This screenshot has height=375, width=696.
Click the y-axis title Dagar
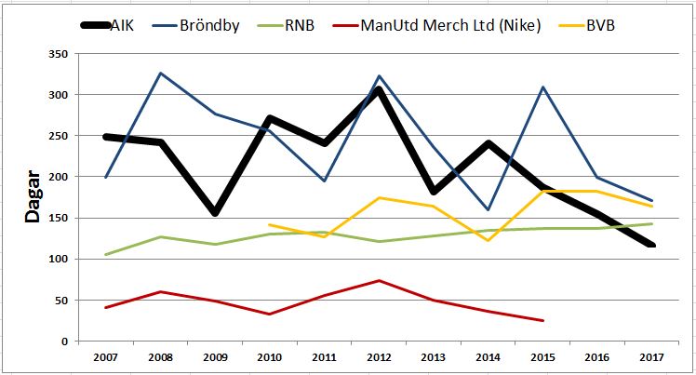point(31,196)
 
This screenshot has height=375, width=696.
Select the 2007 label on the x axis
point(105,356)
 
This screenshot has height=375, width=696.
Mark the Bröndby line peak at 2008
point(160,73)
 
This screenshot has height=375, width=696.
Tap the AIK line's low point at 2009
point(215,213)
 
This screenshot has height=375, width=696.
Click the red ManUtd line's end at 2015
point(543,321)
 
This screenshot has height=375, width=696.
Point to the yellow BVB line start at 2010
point(270,224)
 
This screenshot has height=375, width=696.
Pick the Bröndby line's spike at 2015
point(543,87)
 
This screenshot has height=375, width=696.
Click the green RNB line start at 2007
point(105,255)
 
